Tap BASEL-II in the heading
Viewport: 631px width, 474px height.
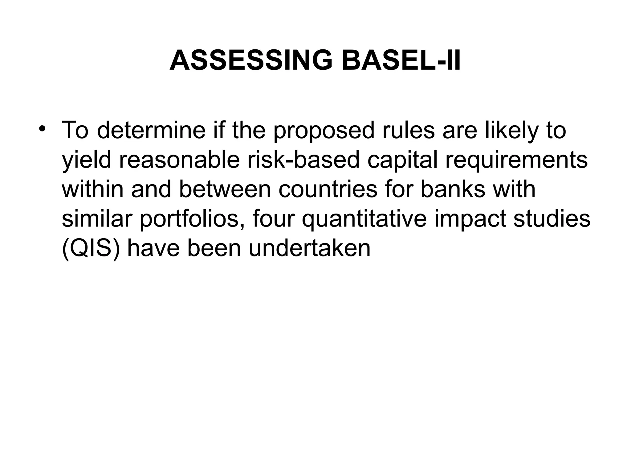pos(401,60)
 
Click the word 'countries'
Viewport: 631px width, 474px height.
pos(328,189)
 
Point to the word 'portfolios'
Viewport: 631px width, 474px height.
pos(193,219)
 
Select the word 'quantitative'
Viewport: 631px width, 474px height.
pos(364,219)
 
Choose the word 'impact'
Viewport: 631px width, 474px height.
pos(470,219)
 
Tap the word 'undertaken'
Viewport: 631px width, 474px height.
pos(309,248)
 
